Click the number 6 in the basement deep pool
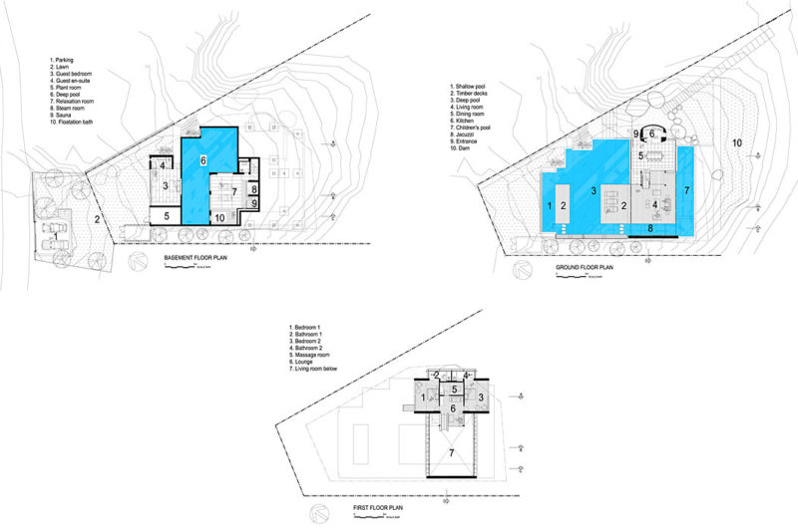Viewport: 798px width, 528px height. tap(202, 159)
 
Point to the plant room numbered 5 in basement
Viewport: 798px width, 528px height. tap(167, 214)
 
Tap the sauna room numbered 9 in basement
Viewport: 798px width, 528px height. tap(254, 203)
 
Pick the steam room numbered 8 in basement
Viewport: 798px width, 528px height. tap(254, 187)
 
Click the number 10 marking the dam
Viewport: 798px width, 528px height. tap(737, 143)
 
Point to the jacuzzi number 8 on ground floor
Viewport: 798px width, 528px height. tap(650, 228)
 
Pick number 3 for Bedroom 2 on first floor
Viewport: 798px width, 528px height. tap(481, 397)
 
